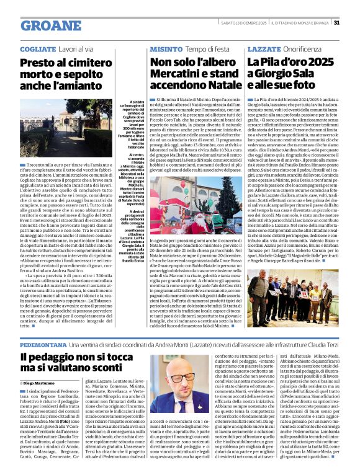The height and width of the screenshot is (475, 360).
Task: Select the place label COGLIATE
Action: (38, 48)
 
